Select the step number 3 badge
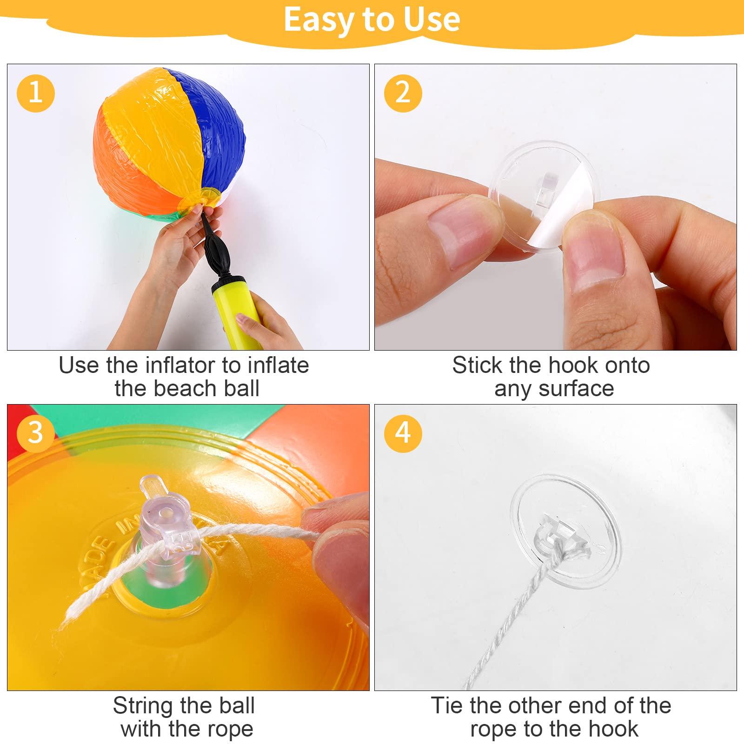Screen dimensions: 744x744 point(36,433)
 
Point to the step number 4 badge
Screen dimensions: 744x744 point(403,433)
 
